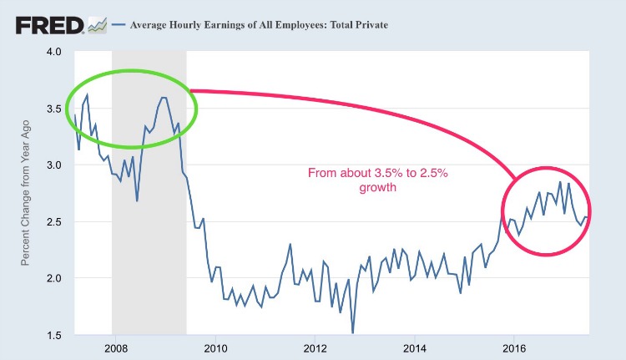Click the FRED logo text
click(x=48, y=24)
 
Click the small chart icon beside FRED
click(x=97, y=26)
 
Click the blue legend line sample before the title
click(x=118, y=25)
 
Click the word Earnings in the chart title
click(x=220, y=25)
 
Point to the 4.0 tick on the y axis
click(x=54, y=52)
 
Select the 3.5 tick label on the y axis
click(x=54, y=109)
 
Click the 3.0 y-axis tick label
click(x=54, y=165)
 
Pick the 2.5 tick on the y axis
click(x=54, y=221)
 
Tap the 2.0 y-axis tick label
click(x=54, y=278)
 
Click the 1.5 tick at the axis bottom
click(x=54, y=334)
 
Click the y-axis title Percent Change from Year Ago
click(x=26, y=193)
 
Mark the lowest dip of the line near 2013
click(x=352, y=332)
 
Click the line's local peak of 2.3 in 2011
click(x=290, y=244)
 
